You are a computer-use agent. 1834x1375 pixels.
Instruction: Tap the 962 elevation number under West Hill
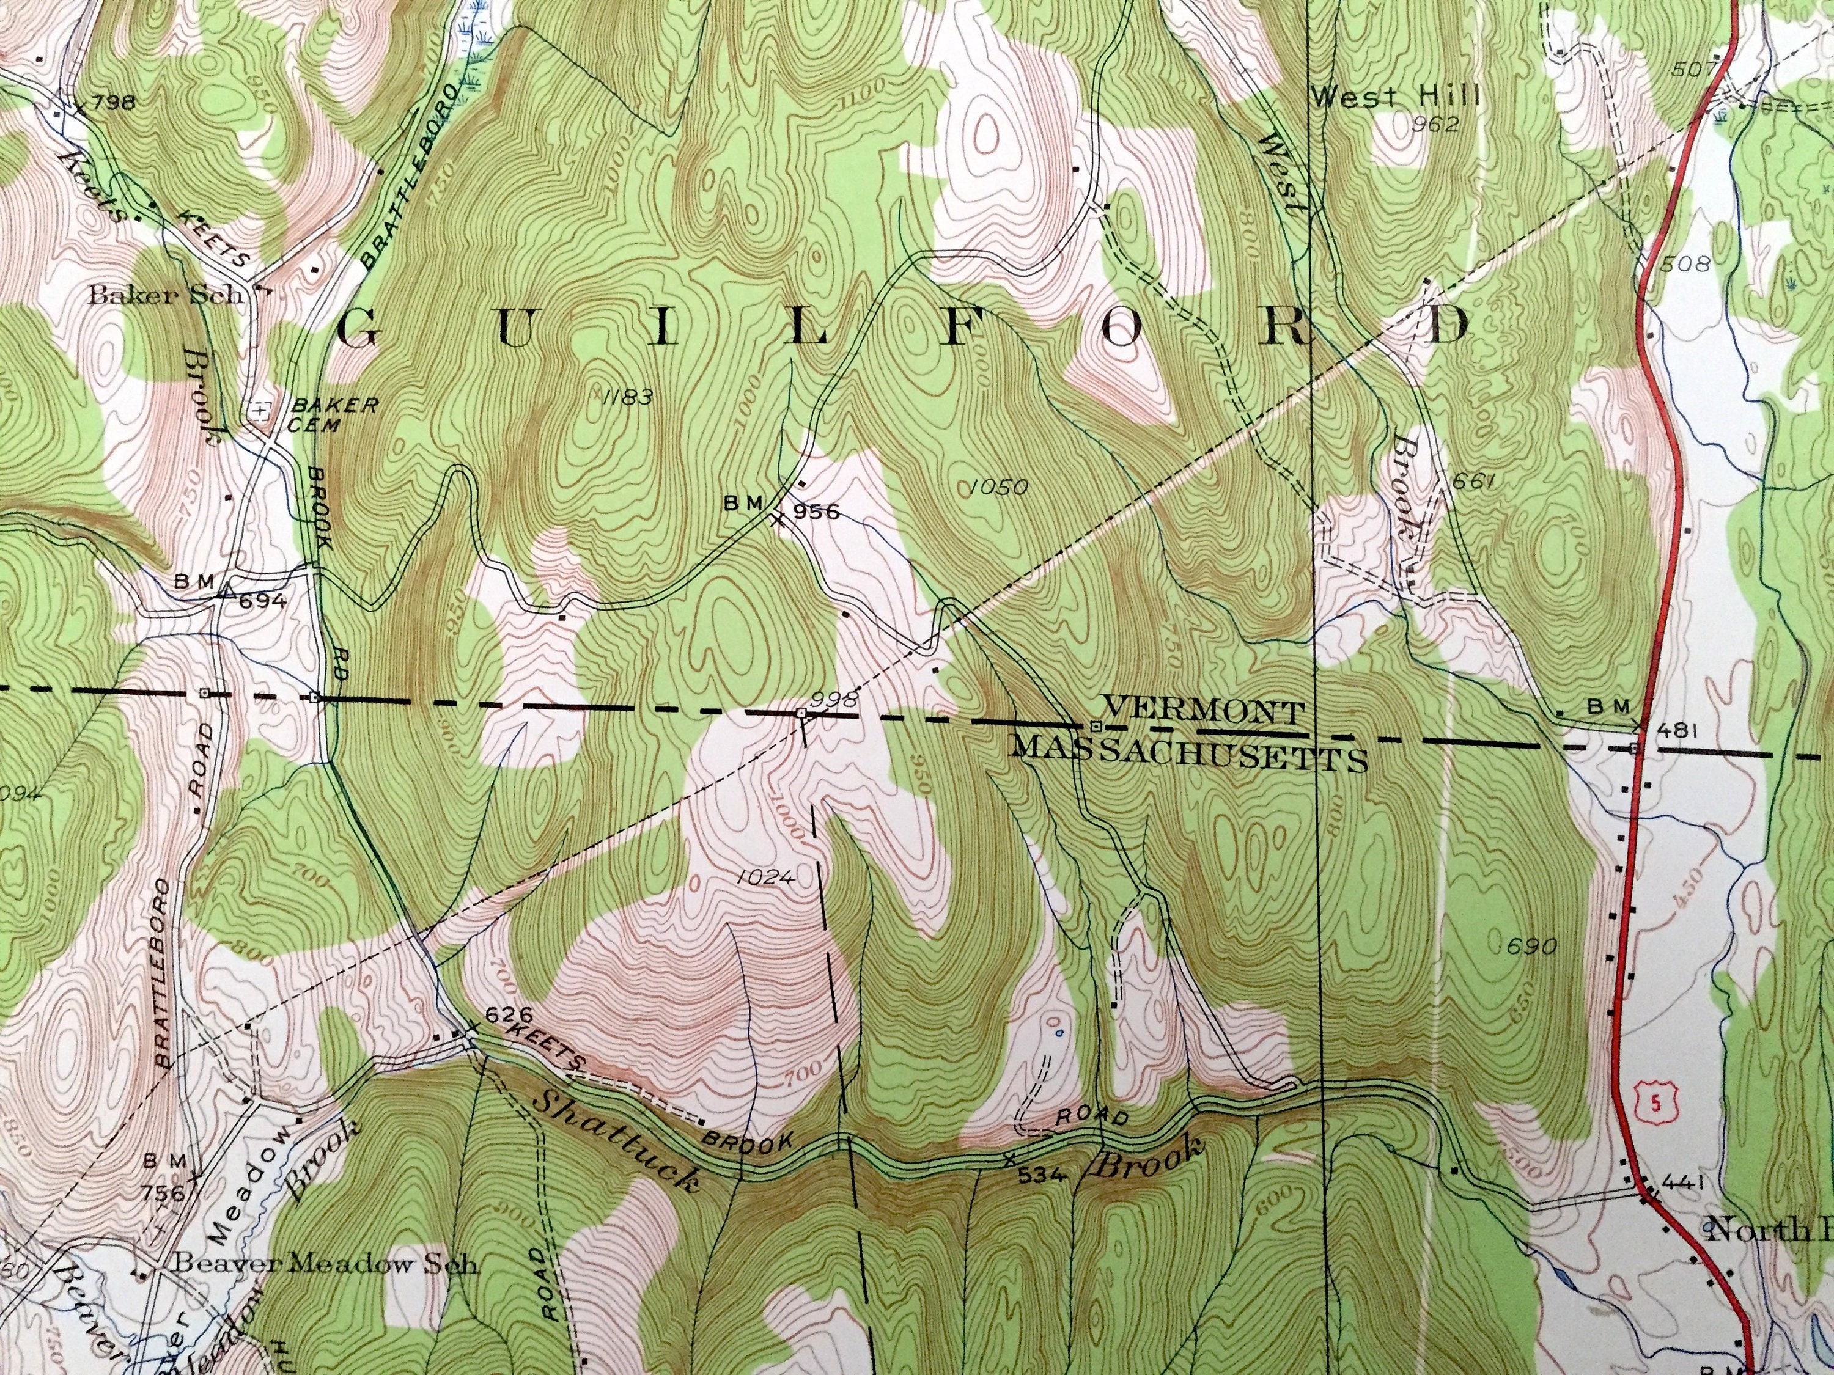[1437, 124]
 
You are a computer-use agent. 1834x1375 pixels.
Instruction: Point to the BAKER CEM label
[333, 414]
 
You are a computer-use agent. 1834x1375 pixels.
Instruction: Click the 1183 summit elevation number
[626, 396]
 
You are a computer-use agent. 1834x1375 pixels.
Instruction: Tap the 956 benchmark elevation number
[817, 512]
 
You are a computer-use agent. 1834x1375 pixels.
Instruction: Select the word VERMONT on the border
[1204, 710]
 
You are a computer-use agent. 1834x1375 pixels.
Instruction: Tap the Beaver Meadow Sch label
[325, 1264]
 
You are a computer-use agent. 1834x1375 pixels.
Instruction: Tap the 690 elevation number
[1532, 945]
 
